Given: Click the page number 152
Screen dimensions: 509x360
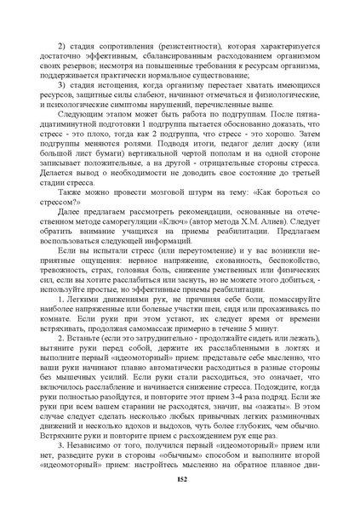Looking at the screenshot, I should pos(180,479).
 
